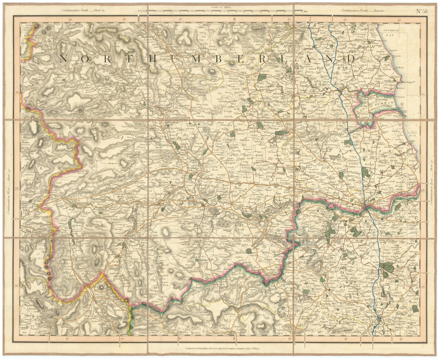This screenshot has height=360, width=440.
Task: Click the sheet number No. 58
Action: [421, 11]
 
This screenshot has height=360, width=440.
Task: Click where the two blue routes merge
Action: [341, 90]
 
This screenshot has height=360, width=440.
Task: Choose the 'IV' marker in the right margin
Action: [423, 190]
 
